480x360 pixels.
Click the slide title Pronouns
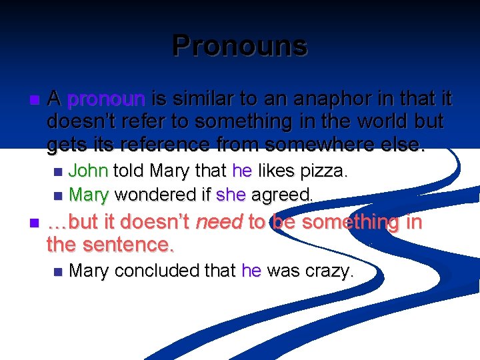click(239, 46)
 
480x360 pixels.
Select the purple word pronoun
click(106, 100)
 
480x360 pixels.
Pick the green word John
click(89, 171)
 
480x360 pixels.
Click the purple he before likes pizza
click(241, 171)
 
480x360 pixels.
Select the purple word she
click(231, 195)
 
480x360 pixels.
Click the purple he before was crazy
click(251, 271)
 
